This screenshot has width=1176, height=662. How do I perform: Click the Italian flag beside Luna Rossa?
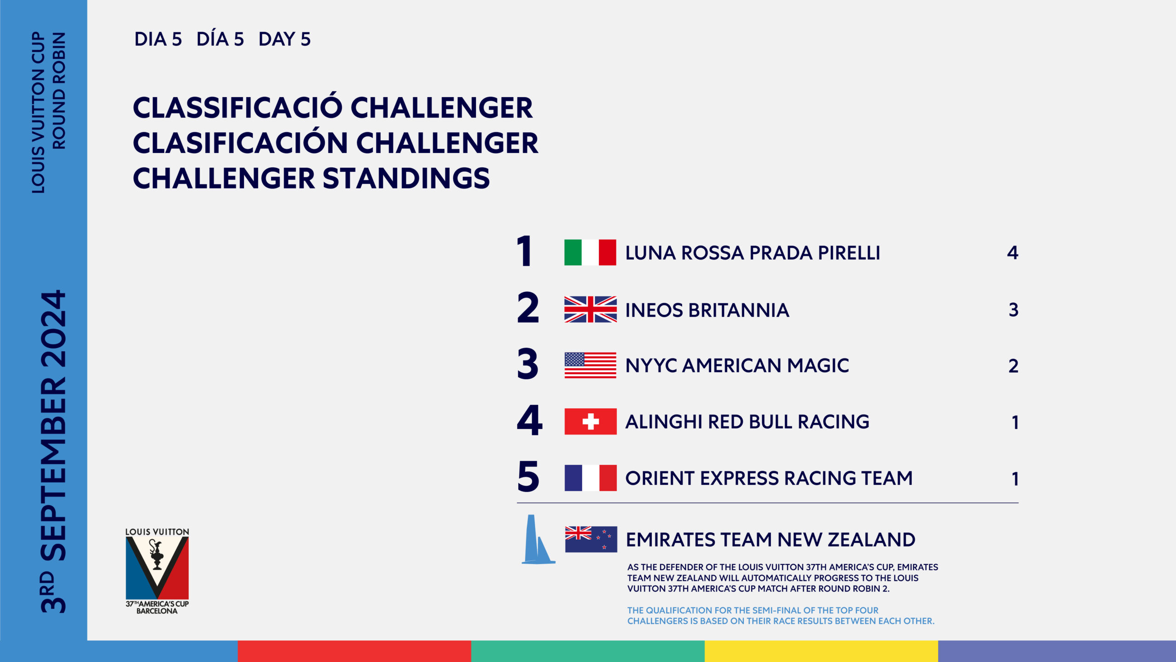590,252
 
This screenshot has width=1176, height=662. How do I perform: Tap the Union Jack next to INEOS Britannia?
590,309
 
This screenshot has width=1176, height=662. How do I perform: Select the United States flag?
590,365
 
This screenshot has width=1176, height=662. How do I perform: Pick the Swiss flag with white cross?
590,422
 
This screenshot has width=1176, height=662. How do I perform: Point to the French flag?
590,478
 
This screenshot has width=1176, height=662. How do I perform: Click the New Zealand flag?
591,539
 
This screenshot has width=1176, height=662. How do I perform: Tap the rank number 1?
524,251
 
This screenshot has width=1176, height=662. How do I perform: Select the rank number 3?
527,364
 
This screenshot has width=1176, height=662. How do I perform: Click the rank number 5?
528,476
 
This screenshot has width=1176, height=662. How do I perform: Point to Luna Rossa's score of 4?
1012,253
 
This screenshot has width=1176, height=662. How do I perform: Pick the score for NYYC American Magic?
1013,366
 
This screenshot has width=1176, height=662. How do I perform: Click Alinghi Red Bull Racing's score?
1015,422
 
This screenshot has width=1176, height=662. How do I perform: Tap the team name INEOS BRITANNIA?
707,310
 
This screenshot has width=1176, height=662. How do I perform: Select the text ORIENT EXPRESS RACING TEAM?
769,478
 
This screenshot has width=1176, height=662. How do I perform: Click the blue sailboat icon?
538,539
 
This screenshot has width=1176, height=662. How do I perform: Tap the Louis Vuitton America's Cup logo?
157,571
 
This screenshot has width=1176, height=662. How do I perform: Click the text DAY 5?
284,40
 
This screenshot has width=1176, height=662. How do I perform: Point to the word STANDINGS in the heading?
406,178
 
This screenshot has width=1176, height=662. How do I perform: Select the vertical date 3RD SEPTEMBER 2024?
53,451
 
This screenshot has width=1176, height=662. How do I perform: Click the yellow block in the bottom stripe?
821,651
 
